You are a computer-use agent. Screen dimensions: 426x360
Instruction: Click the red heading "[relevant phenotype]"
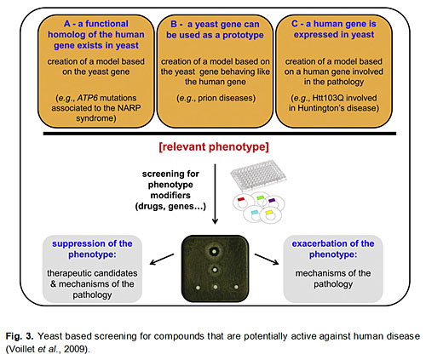point(214,147)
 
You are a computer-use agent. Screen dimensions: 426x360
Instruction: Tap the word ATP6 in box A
point(87,98)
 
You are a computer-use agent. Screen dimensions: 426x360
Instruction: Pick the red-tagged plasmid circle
point(242,202)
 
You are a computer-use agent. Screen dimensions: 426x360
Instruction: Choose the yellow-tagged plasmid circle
point(271,214)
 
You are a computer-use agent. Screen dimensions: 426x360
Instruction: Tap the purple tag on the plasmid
point(272,200)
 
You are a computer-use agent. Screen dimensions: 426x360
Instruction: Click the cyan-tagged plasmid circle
point(254,214)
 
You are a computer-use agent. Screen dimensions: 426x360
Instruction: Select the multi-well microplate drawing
point(258,175)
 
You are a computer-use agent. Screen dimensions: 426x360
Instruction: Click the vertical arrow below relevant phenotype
point(215,194)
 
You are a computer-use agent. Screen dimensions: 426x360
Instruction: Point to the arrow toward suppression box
point(162,260)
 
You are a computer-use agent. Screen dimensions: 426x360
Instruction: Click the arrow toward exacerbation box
point(267,260)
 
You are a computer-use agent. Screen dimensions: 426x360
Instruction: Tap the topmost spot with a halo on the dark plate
point(214,251)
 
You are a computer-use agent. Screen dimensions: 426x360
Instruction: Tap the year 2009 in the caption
point(74,349)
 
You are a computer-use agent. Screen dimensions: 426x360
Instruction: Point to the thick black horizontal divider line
point(220,134)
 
